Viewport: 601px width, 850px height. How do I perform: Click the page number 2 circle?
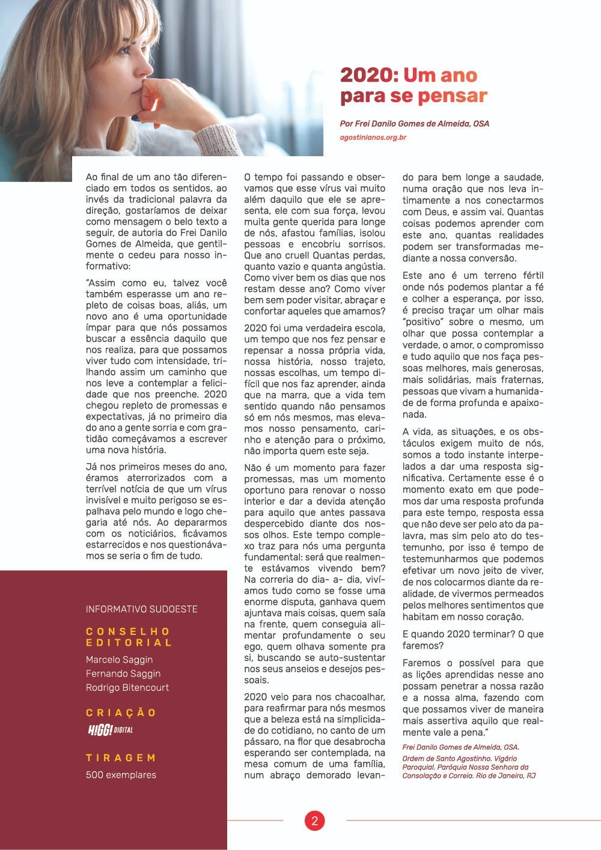[314, 821]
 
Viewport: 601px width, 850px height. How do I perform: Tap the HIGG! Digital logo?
[111, 730]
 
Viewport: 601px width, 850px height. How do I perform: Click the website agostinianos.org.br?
[373, 138]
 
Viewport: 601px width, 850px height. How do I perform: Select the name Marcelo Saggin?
[119, 660]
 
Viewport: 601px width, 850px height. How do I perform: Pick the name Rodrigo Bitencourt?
[127, 688]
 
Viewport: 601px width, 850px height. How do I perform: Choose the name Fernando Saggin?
[123, 673]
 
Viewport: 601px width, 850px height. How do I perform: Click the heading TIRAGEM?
[121, 758]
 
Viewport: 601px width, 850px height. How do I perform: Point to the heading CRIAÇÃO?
[121, 713]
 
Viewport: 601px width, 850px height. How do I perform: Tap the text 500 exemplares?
[121, 775]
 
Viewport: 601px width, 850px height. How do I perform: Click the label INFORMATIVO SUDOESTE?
[141, 609]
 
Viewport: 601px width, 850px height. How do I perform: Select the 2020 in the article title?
[368, 75]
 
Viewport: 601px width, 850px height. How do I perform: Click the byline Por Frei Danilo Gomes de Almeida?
[414, 124]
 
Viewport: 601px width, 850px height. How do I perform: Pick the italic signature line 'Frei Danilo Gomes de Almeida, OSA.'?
[460, 747]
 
